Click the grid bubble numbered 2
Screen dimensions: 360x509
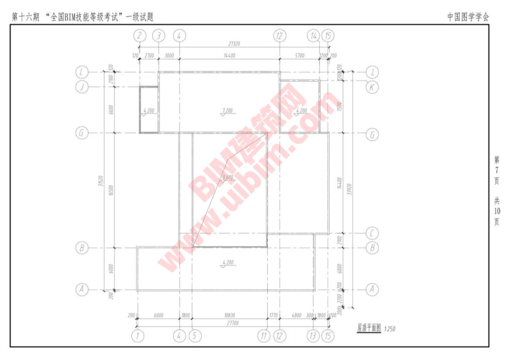coord(139,36)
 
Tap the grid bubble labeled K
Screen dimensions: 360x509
coord(371,87)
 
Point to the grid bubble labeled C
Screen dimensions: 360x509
coord(371,233)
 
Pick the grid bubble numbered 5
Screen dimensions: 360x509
coord(194,336)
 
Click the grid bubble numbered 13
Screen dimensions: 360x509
coord(313,336)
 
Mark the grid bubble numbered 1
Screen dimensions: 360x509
coord(138,336)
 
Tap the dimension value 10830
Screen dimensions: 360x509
coord(229,315)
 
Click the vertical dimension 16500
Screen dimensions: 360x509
coord(111,190)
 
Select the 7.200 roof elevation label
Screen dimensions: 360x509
coord(226,111)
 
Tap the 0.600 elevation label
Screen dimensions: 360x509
coord(227,177)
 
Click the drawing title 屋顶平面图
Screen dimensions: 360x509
coord(369,328)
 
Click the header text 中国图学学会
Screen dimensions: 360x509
coord(468,17)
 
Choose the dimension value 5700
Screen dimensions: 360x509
coord(300,55)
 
